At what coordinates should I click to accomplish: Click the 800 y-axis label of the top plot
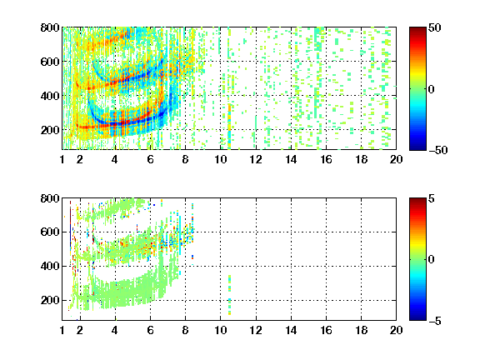click(50, 27)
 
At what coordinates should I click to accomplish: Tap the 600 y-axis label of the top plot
click(50, 62)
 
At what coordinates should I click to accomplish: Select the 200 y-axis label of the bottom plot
click(50, 300)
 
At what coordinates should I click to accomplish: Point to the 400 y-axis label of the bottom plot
click(50, 266)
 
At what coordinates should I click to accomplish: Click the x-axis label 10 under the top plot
click(220, 159)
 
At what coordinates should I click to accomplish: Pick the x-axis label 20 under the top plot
click(396, 159)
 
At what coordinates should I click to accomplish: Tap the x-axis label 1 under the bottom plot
click(62, 330)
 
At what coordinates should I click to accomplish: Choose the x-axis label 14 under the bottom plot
click(291, 330)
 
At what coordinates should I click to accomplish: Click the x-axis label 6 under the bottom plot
click(150, 330)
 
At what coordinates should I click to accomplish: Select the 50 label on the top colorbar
click(434, 27)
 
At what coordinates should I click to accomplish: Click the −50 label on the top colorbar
click(438, 150)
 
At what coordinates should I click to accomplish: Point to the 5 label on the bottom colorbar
click(432, 198)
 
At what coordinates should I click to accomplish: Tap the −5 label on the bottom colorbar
click(435, 321)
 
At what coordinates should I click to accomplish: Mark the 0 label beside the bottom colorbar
click(432, 260)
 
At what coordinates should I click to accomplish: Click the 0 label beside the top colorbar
click(432, 89)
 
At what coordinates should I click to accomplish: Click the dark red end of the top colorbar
click(417, 29)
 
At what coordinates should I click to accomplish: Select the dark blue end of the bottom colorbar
click(417, 318)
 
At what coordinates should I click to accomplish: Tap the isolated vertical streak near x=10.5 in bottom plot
click(230, 295)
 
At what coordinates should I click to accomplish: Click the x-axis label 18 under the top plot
click(361, 159)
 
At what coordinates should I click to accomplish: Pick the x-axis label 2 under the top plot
click(80, 159)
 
